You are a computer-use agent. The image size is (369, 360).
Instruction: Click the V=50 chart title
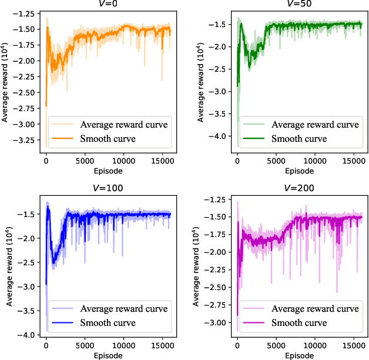point(299,3)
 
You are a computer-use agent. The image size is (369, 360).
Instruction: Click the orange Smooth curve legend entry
point(108,139)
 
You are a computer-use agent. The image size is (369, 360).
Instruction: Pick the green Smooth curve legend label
point(299,139)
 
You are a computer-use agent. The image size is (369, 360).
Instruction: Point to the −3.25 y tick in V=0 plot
point(26,141)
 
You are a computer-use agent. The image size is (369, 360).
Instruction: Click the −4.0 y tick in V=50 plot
point(221,136)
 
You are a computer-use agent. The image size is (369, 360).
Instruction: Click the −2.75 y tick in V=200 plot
point(217,305)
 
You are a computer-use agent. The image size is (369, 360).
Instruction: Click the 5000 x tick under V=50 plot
point(276,161)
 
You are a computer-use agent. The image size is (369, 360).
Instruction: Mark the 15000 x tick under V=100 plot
point(162,347)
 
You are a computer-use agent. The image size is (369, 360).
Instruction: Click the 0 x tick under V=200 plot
point(237,347)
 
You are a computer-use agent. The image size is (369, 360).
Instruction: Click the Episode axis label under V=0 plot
point(108,171)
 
